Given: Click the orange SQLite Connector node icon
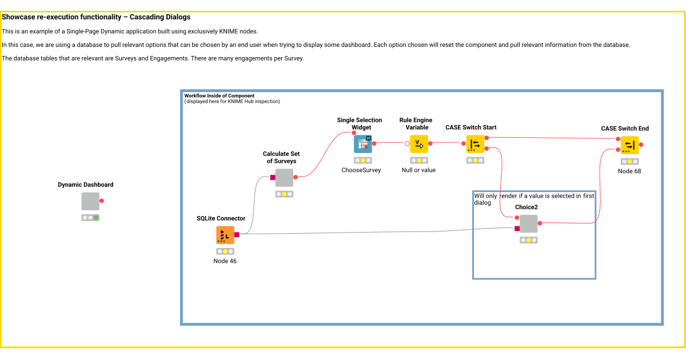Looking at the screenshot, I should (225, 235).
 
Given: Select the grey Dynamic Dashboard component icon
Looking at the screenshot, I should (90, 201).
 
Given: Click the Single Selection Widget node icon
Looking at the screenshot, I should (362, 143).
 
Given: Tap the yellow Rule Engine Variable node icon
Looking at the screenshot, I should (419, 143).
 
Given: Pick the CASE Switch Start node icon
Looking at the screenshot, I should (475, 144).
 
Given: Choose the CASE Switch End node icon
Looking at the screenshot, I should (629, 145).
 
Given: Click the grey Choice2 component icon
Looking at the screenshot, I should (528, 224).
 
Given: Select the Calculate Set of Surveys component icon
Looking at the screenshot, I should (284, 178).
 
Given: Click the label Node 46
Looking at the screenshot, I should (225, 261).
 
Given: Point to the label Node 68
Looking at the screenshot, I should (629, 171).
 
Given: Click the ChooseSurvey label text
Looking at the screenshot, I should (361, 170).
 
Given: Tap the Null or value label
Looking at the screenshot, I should (418, 170).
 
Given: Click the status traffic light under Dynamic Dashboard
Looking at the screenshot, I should (90, 218).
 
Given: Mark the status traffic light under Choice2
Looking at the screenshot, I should (528, 240).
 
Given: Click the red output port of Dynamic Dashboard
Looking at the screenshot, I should (102, 201).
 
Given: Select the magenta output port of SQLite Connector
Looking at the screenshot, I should (237, 234).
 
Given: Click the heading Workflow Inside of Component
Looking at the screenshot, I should (220, 95).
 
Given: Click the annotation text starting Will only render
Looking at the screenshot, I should (533, 199).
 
